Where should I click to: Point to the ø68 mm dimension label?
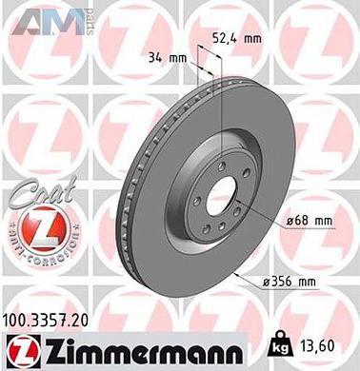coord(311,222)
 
